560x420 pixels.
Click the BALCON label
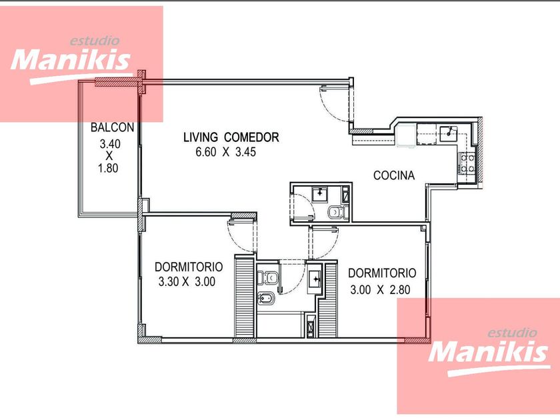pos(112,127)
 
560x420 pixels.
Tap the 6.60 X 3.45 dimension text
pos(226,152)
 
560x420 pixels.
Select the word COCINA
pos(394,175)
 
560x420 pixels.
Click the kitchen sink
pos(448,133)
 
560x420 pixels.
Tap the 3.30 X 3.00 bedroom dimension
pos(187,282)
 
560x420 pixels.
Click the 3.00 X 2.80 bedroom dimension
pos(380,289)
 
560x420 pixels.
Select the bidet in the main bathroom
pos(266,299)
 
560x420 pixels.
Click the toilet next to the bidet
pos(267,278)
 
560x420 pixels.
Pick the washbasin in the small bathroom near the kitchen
pos(319,194)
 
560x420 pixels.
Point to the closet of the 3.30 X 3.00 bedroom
pos(244,296)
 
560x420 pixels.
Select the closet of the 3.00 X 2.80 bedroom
pos(328,300)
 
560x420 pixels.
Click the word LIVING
pos(201,137)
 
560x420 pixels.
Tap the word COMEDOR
pos(251,137)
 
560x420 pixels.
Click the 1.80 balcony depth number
pos(108,168)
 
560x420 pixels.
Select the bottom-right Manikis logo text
pos(488,352)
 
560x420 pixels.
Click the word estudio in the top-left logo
pos(95,41)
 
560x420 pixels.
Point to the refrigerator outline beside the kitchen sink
pos(406,135)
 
